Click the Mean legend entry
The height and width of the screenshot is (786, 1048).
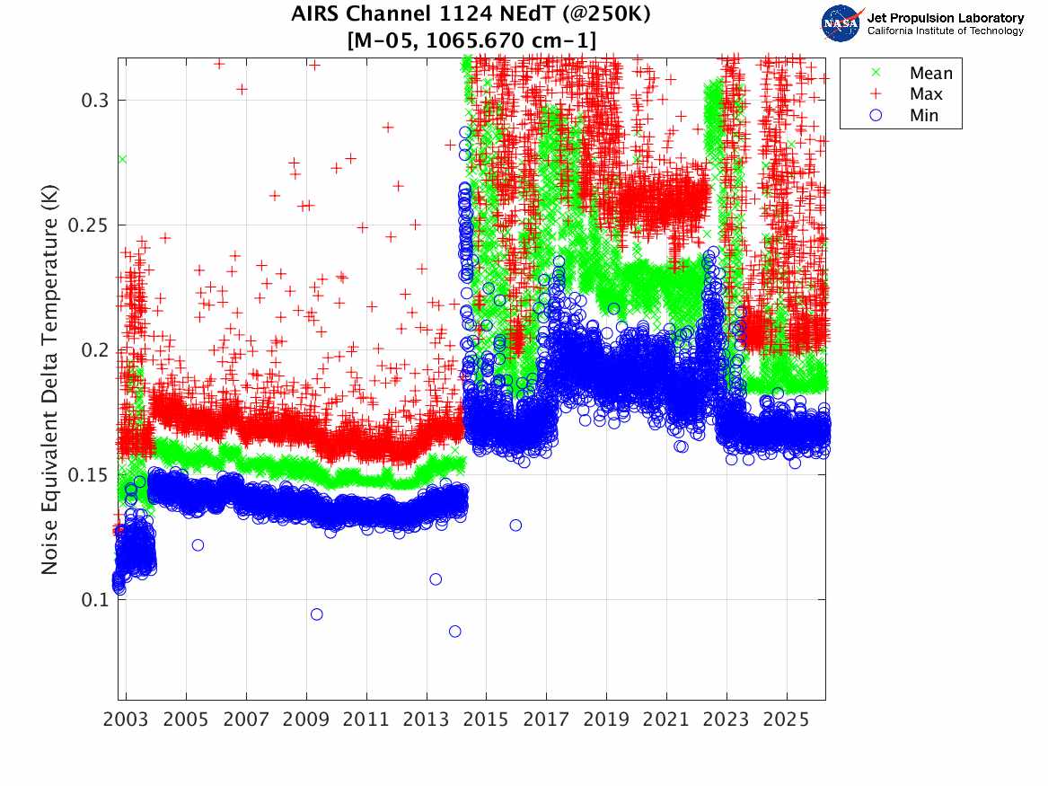pyautogui.click(x=929, y=73)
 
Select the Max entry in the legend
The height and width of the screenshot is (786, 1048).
pyautogui.click(x=926, y=94)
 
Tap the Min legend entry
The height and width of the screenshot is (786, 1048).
pyautogui.click(x=924, y=115)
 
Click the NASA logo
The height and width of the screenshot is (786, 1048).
pyautogui.click(x=841, y=22)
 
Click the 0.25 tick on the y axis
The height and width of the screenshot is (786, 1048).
pyautogui.click(x=89, y=225)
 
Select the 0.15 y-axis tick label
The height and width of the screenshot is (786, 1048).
pyautogui.click(x=89, y=474)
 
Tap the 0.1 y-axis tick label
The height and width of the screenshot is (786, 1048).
pyautogui.click(x=93, y=599)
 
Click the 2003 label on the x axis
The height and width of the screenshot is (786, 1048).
pyautogui.click(x=126, y=720)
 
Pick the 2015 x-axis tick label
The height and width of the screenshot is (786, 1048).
pyautogui.click(x=486, y=720)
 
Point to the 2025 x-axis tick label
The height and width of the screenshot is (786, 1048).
pyautogui.click(x=787, y=720)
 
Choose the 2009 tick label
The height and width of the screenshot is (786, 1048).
pyautogui.click(x=306, y=720)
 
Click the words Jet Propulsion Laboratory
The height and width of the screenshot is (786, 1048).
pyautogui.click(x=945, y=17)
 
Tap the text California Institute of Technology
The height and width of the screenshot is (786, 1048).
pyautogui.click(x=945, y=31)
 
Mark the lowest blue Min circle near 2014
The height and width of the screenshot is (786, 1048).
pyautogui.click(x=455, y=631)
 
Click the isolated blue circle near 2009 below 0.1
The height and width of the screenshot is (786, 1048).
pyautogui.click(x=316, y=614)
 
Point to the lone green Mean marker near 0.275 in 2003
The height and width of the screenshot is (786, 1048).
pyautogui.click(x=122, y=159)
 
